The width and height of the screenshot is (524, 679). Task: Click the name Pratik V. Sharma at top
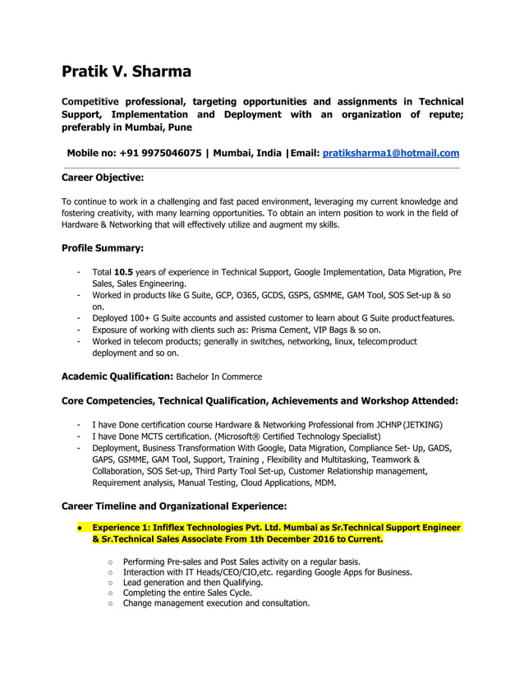point(126,71)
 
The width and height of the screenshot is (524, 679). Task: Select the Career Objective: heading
point(103,177)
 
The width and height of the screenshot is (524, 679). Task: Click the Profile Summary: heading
point(103,247)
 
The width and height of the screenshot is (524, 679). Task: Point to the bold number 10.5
point(123,271)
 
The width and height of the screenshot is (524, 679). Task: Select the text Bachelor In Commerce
point(219,376)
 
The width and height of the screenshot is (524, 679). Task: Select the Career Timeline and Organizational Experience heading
point(174,506)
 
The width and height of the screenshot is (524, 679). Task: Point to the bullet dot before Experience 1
point(77,527)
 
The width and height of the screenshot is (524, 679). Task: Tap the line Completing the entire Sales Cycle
point(187,592)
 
